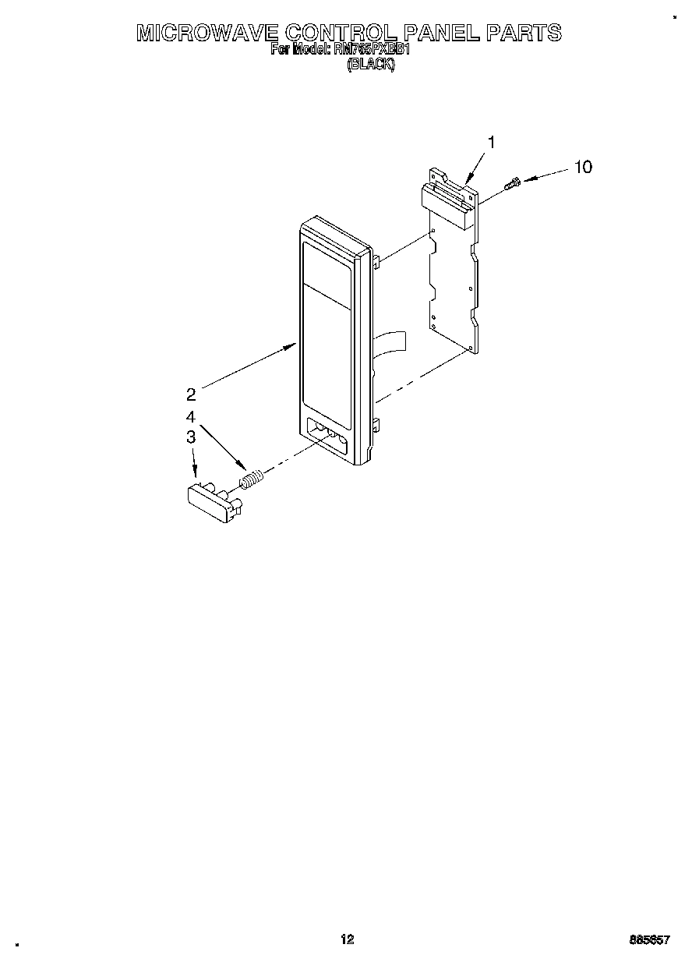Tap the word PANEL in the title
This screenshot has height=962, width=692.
pyautogui.click(x=440, y=33)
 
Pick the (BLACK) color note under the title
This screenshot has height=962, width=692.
pyautogui.click(x=371, y=65)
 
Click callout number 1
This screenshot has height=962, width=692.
pyautogui.click(x=491, y=142)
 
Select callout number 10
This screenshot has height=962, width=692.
pyautogui.click(x=583, y=167)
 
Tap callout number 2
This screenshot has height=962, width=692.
pyautogui.click(x=191, y=393)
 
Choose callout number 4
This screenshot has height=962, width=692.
pyautogui.click(x=190, y=416)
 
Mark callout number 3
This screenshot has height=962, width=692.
pyautogui.click(x=190, y=438)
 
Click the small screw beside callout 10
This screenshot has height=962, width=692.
pyautogui.click(x=512, y=184)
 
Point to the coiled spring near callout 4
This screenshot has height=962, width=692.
pyautogui.click(x=249, y=479)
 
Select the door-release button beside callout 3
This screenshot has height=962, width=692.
pyautogui.click(x=212, y=502)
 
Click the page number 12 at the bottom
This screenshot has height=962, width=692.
pyautogui.click(x=347, y=939)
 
